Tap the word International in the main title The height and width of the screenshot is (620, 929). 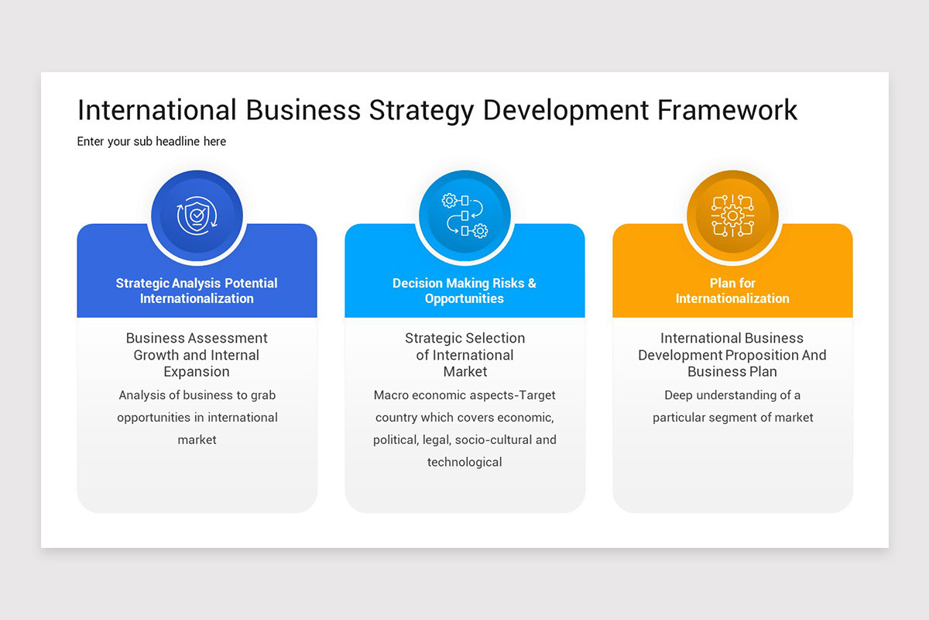[157, 110]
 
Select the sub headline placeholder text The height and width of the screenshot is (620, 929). [152, 142]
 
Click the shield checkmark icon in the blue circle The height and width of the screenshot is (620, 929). [197, 215]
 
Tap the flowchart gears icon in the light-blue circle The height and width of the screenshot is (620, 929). [464, 215]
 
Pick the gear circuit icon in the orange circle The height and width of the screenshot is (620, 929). [732, 215]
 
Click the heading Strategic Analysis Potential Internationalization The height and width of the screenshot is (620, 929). [197, 291]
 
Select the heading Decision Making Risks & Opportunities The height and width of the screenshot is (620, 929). [464, 291]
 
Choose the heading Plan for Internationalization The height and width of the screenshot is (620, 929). [732, 291]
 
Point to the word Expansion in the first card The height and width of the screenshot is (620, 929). [197, 372]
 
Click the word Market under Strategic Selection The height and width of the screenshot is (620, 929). [464, 372]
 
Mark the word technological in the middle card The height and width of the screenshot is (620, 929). [464, 463]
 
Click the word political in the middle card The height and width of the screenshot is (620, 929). [396, 440]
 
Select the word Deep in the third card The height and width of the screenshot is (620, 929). [679, 395]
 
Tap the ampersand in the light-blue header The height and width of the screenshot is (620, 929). [532, 284]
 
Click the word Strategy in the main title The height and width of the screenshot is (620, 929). [421, 110]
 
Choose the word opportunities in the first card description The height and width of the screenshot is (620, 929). [154, 418]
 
